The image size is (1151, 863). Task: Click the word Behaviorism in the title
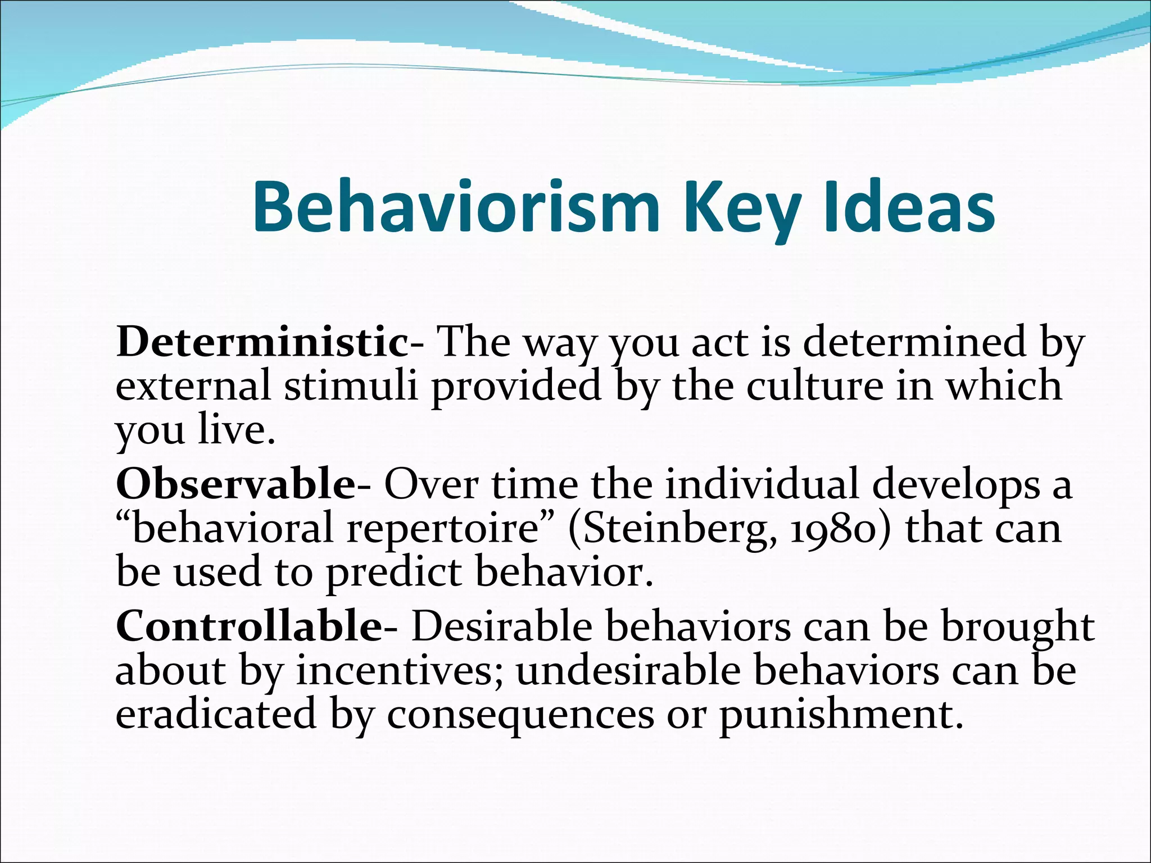455,207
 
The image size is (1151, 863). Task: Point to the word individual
762,484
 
